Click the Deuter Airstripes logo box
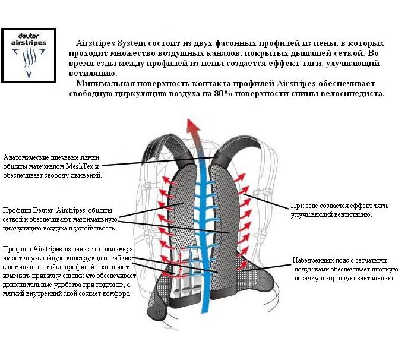28,54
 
